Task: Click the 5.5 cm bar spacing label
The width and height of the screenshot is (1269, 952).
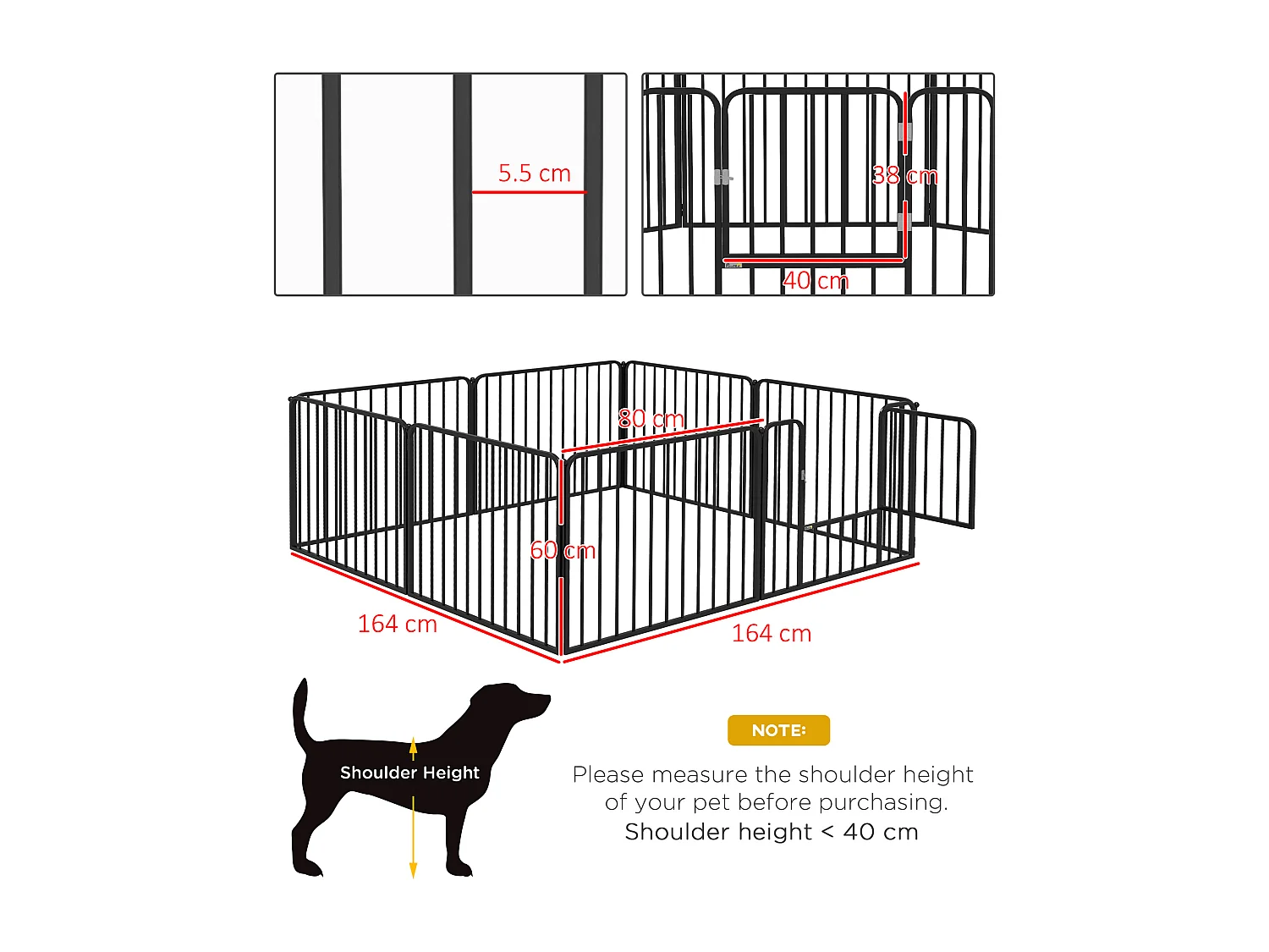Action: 534,173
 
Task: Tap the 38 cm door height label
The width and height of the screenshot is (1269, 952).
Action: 904,176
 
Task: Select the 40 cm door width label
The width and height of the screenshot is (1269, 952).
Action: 816,280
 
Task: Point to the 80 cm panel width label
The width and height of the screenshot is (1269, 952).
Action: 651,418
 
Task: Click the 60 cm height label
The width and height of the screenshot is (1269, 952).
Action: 563,550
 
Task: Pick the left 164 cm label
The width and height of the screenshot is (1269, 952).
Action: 397,624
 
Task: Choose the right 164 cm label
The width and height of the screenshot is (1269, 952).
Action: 771,633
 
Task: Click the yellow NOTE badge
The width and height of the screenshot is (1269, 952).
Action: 778,730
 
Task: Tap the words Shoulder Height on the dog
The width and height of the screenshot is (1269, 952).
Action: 409,773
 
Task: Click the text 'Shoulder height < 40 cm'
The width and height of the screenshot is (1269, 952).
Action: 771,832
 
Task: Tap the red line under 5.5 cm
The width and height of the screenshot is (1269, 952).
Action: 529,192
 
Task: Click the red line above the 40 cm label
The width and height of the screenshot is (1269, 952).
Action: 812,261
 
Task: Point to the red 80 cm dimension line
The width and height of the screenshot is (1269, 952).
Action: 662,435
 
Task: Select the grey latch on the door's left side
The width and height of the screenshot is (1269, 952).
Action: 721,177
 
